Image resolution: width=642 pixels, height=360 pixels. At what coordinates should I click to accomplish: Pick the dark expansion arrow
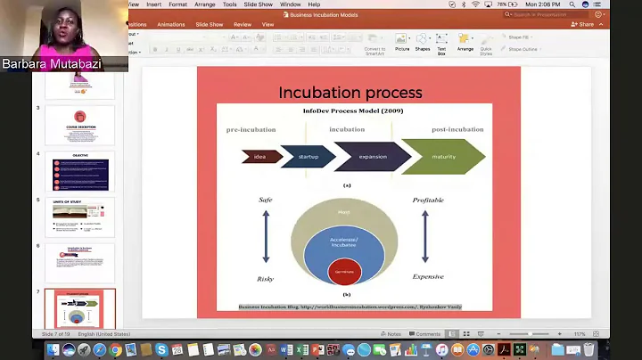coord(372,157)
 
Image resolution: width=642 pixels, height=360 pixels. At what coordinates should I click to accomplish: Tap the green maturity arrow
coord(442,157)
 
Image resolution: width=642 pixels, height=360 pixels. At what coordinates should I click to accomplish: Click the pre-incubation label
coord(251,129)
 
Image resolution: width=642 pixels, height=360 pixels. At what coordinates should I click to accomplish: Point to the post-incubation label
coord(457,129)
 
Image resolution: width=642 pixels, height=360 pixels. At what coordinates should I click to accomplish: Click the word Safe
coord(265,200)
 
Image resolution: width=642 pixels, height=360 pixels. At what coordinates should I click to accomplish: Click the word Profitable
coord(428,200)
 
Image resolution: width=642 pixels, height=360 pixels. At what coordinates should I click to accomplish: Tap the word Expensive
coord(427,277)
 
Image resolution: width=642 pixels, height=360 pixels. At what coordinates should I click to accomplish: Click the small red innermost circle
coord(343,272)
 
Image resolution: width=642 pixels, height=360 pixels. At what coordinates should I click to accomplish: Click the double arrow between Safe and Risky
coord(265,239)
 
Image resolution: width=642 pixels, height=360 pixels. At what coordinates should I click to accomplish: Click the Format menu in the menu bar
coord(178,4)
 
